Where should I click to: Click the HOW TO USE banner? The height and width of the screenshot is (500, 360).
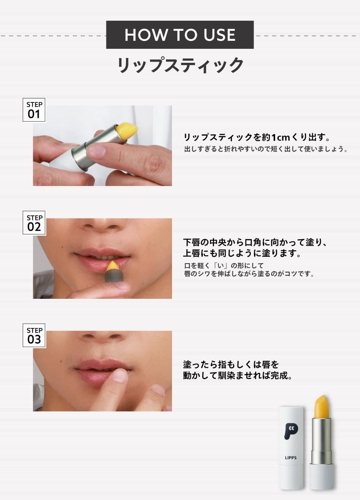(180, 34)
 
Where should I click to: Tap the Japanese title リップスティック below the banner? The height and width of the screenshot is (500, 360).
(180, 65)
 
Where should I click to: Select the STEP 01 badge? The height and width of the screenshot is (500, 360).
(34, 110)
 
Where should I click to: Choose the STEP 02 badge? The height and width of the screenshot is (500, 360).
(34, 222)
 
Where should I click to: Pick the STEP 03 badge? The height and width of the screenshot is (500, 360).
(34, 335)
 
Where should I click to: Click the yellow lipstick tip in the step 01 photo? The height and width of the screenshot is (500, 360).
(126, 131)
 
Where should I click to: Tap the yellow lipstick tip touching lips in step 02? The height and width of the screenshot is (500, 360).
(113, 266)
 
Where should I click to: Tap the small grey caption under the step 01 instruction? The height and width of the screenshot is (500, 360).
(266, 149)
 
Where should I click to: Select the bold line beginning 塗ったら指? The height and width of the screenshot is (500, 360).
(231, 364)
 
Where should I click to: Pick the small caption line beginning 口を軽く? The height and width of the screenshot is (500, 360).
(224, 266)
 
